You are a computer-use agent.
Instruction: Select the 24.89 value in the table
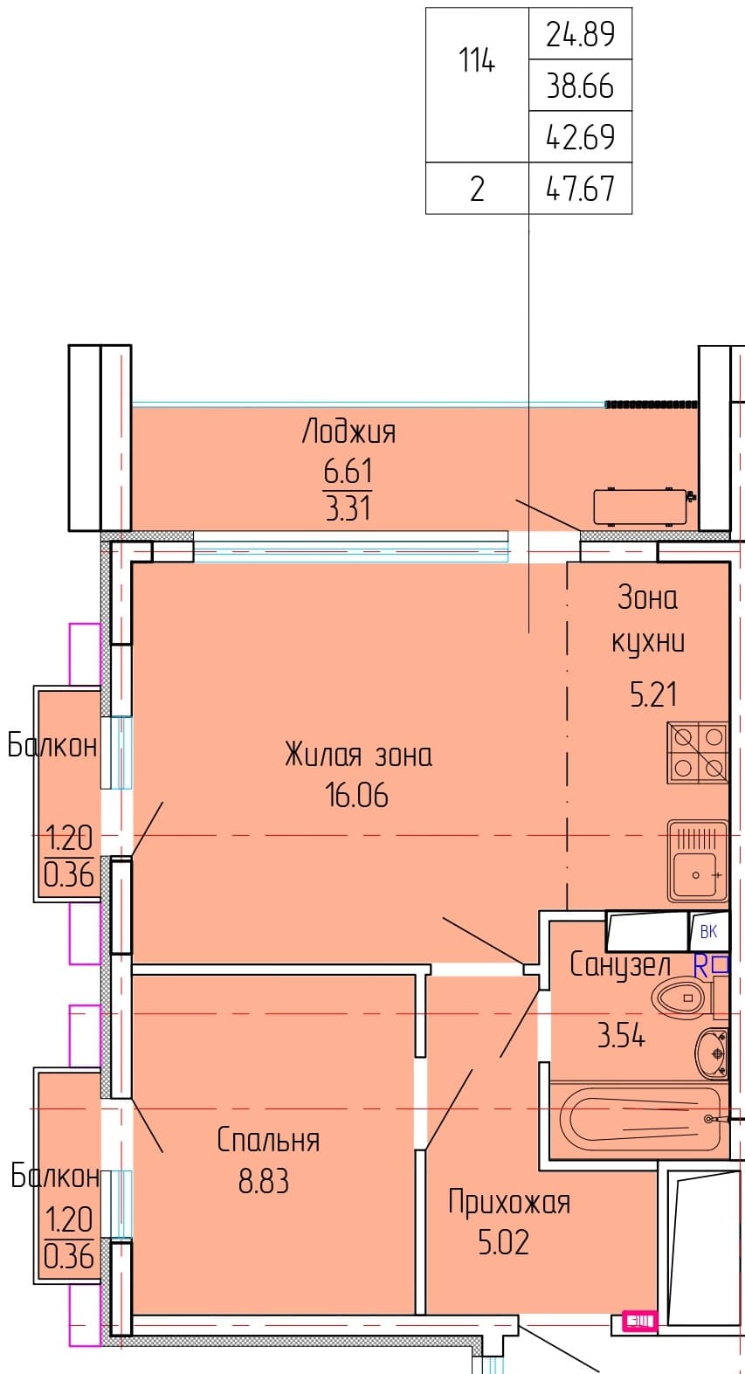click(x=580, y=34)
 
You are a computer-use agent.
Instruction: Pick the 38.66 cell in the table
click(x=580, y=86)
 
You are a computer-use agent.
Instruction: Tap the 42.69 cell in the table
click(x=580, y=136)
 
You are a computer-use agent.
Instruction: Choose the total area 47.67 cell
click(x=580, y=188)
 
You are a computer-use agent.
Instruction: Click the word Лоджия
click(x=348, y=432)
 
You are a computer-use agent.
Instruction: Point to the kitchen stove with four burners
click(x=698, y=753)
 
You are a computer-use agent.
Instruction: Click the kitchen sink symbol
click(x=698, y=861)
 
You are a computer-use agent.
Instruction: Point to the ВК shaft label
click(x=708, y=932)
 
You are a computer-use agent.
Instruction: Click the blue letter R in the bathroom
click(x=700, y=967)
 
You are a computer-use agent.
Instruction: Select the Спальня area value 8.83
click(x=264, y=1181)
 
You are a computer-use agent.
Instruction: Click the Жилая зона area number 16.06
click(x=357, y=795)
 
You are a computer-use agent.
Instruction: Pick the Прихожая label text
click(x=509, y=1202)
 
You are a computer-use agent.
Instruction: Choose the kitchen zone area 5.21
click(x=653, y=694)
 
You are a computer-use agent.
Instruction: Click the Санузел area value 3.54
click(x=621, y=1035)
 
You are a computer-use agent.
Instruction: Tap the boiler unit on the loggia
click(x=641, y=507)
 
